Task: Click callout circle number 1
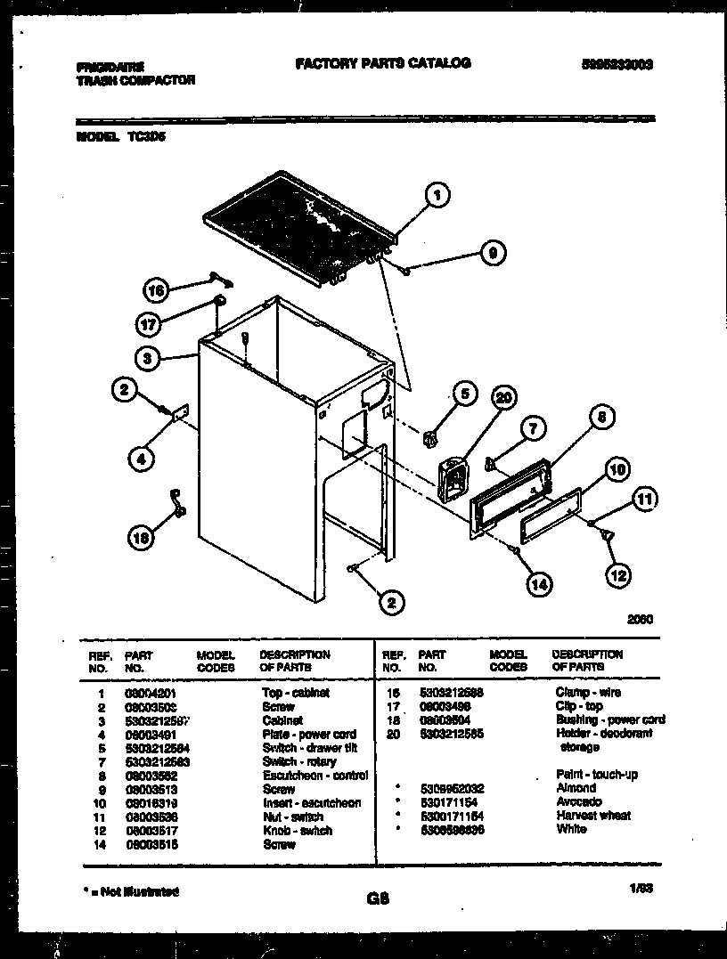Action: tap(437, 195)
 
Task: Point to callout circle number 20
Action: tap(504, 398)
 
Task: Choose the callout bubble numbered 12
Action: tap(617, 575)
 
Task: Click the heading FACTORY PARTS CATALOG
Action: tap(382, 63)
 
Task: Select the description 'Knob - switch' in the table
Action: tap(297, 831)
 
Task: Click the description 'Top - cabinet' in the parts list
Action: tap(296, 693)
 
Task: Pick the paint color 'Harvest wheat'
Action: tap(592, 816)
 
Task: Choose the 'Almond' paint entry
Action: tap(576, 788)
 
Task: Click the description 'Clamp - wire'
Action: tap(588, 693)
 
